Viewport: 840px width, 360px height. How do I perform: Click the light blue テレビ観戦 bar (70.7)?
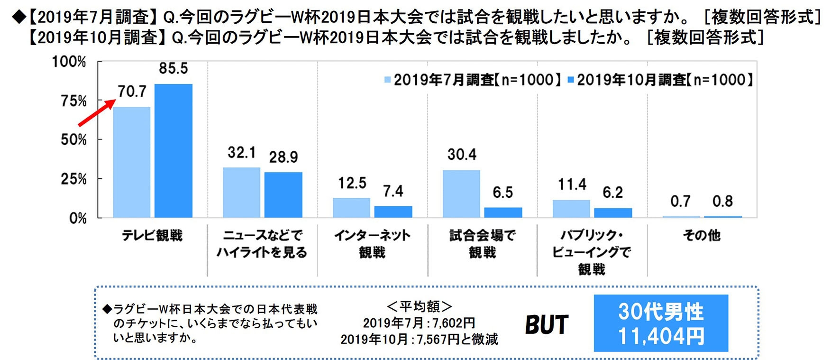click(x=131, y=162)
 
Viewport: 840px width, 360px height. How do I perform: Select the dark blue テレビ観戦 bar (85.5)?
click(x=173, y=151)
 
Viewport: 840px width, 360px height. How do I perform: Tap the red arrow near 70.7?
click(x=97, y=113)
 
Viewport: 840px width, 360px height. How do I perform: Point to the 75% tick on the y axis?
click(x=73, y=101)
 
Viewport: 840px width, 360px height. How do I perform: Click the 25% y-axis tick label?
click(x=73, y=179)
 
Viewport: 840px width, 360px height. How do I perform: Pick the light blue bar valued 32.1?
click(x=241, y=193)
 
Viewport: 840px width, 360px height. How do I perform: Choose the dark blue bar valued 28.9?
click(x=283, y=195)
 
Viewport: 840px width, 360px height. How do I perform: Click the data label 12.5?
click(x=352, y=183)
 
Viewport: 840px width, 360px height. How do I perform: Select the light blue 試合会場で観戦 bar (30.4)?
click(x=461, y=194)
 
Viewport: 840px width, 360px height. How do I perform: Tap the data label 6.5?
click(x=502, y=193)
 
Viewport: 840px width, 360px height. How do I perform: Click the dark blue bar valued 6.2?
click(x=613, y=212)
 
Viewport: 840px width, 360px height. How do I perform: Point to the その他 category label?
click(x=702, y=235)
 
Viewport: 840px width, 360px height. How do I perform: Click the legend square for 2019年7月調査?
click(x=387, y=80)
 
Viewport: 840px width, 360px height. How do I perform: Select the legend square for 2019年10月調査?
click(x=571, y=80)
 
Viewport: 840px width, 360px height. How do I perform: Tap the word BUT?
click(x=547, y=325)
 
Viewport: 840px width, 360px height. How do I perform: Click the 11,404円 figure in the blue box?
click(x=661, y=337)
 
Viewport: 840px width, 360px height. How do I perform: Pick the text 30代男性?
click(x=661, y=312)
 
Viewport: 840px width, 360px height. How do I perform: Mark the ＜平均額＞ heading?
click(x=419, y=307)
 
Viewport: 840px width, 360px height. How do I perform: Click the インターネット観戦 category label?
click(x=372, y=244)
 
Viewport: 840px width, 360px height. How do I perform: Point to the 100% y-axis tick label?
click(x=69, y=62)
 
